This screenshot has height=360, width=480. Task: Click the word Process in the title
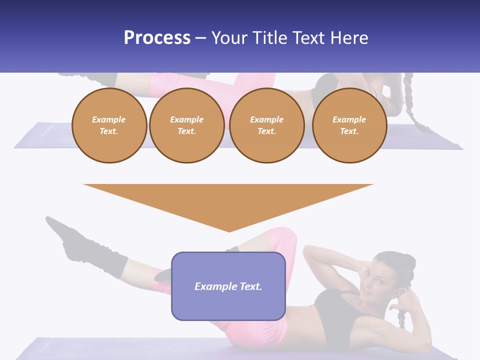[157, 38]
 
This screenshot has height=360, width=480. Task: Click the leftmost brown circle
[109, 125]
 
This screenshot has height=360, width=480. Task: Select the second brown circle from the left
[186, 125]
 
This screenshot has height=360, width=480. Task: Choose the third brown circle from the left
[266, 125]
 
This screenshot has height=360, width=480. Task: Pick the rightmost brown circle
[349, 125]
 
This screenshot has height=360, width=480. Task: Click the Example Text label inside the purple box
[228, 286]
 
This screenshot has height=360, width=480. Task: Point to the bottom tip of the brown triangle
[229, 231]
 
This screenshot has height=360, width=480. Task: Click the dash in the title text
[200, 38]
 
